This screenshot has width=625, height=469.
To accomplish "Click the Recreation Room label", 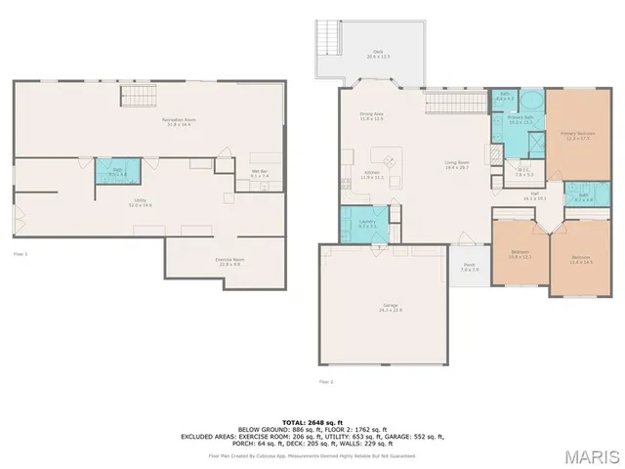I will (x=176, y=121).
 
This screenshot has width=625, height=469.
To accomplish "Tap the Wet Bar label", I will (x=259, y=173).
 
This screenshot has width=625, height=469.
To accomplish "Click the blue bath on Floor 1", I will (x=116, y=172).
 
